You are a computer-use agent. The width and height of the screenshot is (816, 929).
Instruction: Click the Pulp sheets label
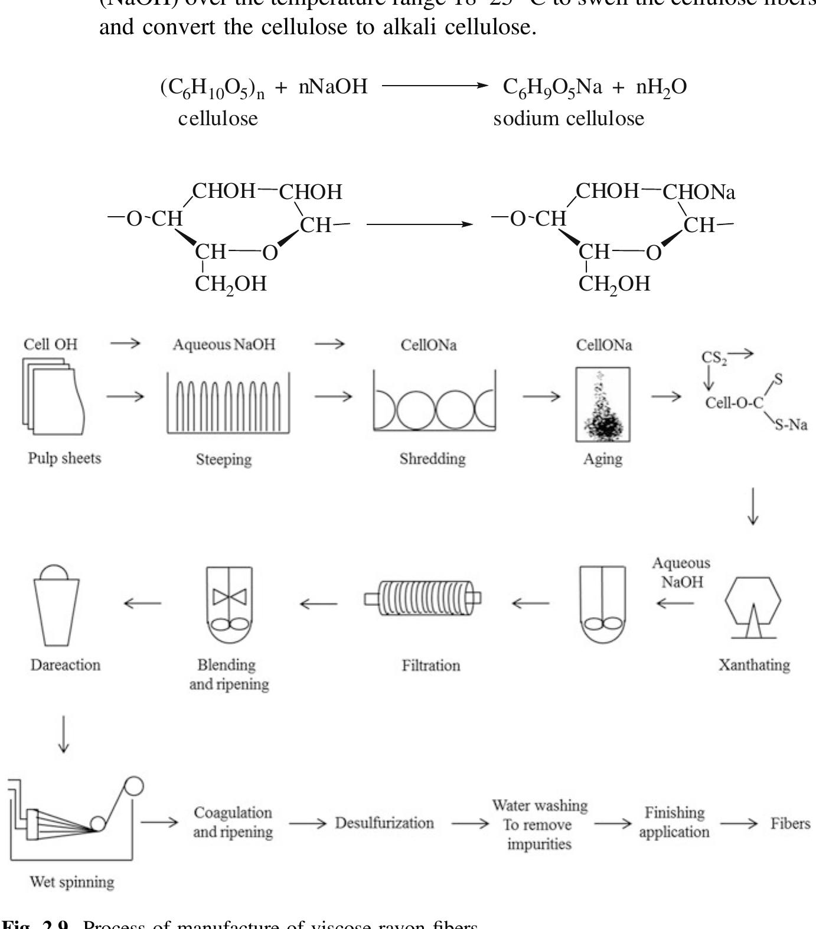[64, 458]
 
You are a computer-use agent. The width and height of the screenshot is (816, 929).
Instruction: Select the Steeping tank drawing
[228, 403]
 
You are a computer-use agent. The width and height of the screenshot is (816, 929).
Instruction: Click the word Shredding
[432, 459]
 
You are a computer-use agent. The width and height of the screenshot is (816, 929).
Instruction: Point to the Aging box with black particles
[603, 405]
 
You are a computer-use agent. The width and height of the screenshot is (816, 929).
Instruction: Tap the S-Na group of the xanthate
[791, 425]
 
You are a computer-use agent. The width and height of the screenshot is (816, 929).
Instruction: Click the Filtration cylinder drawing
[423, 598]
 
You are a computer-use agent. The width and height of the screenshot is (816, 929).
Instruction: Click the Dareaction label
[66, 665]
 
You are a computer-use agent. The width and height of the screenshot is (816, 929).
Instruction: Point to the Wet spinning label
[72, 882]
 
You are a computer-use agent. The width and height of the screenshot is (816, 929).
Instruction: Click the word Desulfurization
[384, 823]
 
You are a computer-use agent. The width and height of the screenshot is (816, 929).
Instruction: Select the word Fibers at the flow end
[790, 823]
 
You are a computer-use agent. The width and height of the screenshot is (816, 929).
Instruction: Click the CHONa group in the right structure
[699, 192]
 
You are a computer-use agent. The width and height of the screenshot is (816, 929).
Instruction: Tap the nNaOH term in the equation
[333, 87]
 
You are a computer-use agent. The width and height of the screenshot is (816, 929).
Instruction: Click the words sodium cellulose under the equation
[569, 119]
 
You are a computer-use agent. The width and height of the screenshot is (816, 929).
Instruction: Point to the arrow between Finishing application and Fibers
[738, 823]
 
